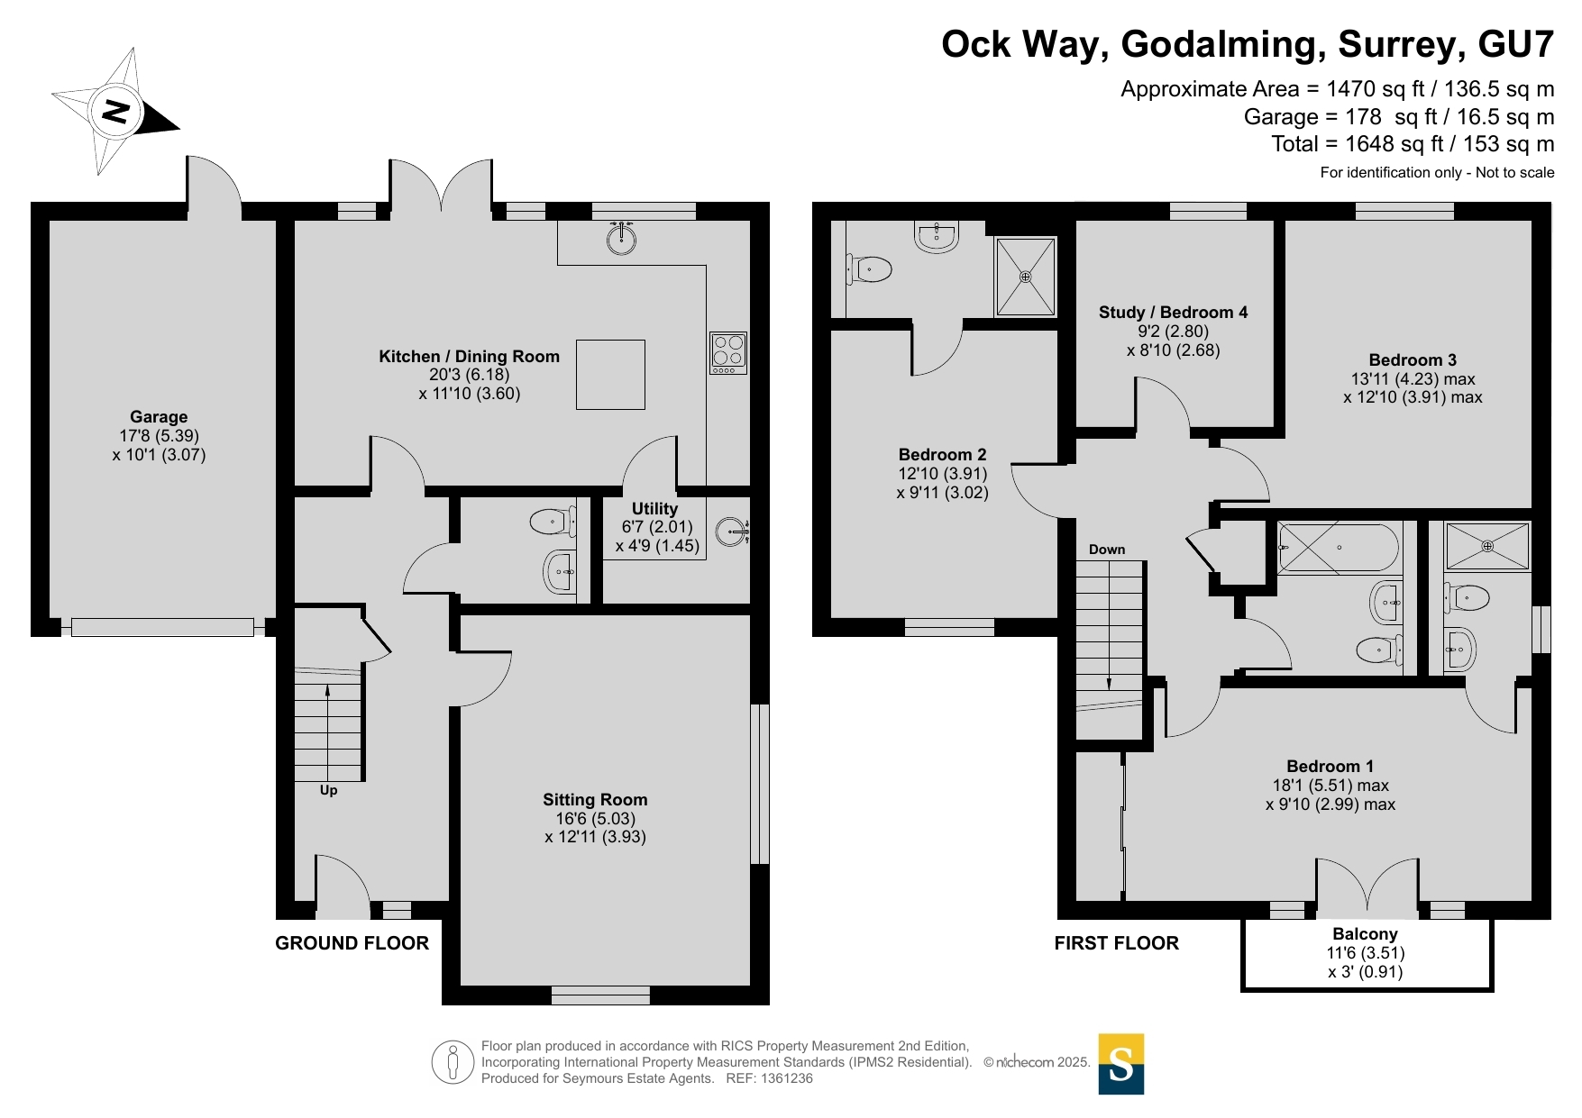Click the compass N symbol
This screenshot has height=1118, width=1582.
115,113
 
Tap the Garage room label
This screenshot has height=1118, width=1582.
159,417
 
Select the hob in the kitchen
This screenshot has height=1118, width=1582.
728,353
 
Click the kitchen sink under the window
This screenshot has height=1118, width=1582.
621,236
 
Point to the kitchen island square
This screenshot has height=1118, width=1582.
610,375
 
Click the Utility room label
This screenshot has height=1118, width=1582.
654,509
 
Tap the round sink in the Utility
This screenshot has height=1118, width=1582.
732,532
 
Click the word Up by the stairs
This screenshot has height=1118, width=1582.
328,790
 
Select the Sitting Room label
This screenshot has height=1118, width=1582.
595,800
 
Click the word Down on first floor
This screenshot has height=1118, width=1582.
1107,550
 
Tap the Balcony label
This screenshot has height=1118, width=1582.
1365,934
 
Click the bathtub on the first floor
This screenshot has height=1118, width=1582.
1339,548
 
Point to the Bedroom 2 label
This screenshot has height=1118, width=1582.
942,455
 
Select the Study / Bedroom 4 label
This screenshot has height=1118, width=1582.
1173,313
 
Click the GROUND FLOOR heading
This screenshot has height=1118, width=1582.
352,943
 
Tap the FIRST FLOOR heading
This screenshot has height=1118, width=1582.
1116,943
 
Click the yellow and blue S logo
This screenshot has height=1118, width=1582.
1120,1064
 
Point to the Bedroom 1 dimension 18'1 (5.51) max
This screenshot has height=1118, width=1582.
1330,786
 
